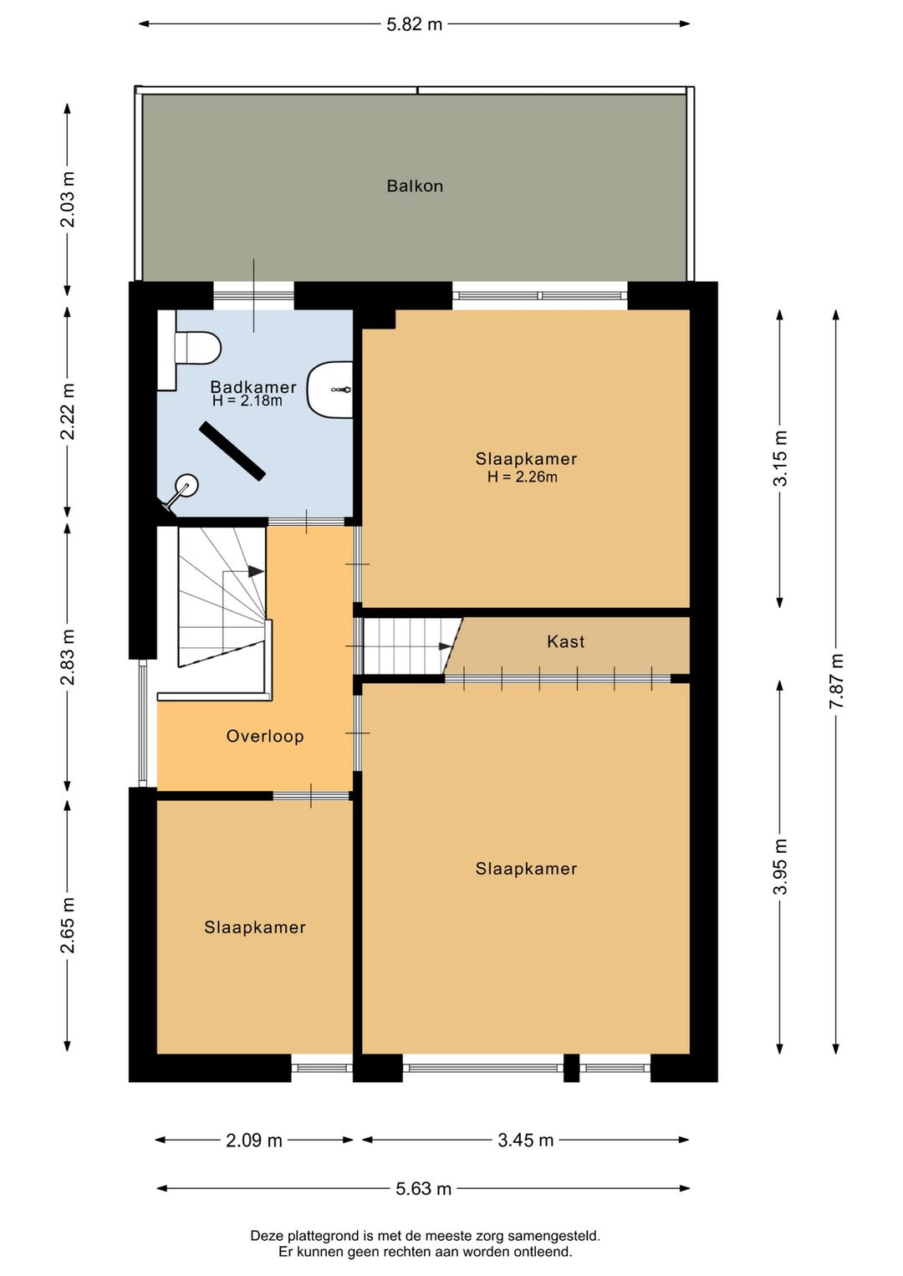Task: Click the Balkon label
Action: point(415,186)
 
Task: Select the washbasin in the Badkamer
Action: point(331,390)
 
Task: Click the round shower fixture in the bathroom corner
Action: point(186,486)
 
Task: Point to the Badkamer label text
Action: point(253,386)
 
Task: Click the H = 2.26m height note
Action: point(523,477)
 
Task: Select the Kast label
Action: point(565,641)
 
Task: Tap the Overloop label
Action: point(265,736)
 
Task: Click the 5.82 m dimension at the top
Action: point(415,24)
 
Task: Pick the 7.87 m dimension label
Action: point(836,681)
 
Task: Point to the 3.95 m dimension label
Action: point(780,866)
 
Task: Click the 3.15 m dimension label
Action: point(780,458)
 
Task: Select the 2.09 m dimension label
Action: point(254,1140)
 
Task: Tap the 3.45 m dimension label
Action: point(526,1140)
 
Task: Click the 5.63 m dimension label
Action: point(424,1188)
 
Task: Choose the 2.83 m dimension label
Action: point(68,657)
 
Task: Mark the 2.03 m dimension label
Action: point(68,199)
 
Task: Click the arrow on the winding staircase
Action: point(255,572)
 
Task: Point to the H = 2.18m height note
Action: point(247,401)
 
